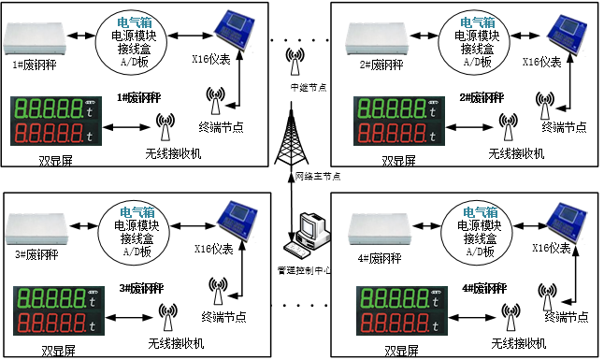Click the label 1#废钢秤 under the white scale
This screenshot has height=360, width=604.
point(34,65)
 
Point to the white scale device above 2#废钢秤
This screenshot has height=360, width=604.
point(378,36)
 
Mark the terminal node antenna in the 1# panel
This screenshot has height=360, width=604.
point(217,98)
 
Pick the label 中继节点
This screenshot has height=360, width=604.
point(309,88)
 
